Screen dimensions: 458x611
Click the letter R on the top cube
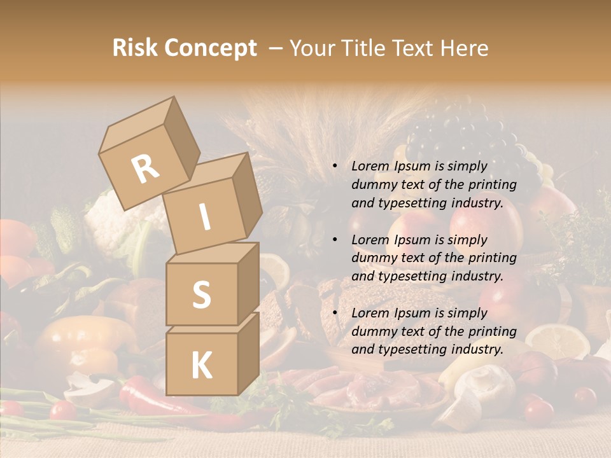[x=146, y=169]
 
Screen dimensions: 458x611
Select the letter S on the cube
[x=201, y=295]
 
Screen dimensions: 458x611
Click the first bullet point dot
[x=335, y=167]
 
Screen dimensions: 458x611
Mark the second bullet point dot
[x=335, y=240]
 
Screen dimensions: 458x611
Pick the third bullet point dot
[x=335, y=313]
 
